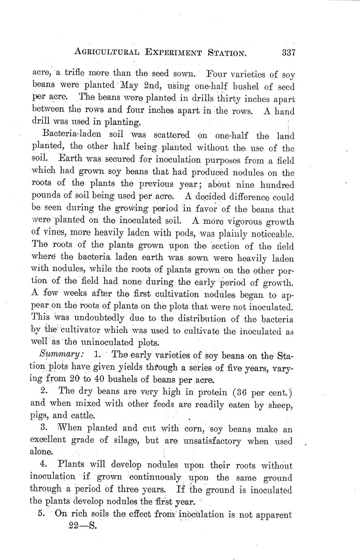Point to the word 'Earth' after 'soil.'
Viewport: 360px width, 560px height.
point(71,160)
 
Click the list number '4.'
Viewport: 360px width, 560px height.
point(45,465)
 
